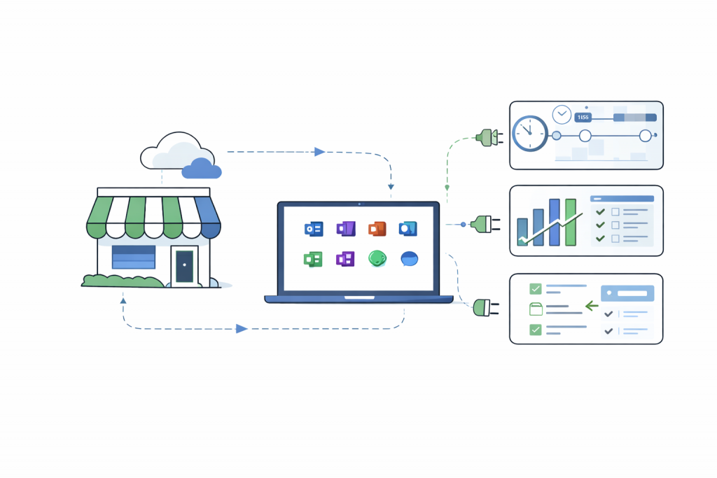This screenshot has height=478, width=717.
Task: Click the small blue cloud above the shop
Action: coord(201,169)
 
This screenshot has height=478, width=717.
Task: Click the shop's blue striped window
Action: coord(133,257)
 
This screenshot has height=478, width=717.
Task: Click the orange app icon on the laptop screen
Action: coord(377,229)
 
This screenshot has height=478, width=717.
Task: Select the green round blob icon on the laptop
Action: coord(377,259)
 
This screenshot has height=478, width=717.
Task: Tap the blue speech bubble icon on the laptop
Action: coord(410,259)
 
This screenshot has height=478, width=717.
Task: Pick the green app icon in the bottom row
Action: coord(312,259)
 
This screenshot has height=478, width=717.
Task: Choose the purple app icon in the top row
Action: coord(346,229)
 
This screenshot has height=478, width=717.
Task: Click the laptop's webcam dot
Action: coord(359,204)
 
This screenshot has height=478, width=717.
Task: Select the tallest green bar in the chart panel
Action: coord(570,222)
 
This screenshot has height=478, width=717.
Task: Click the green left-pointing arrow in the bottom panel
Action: coord(591,305)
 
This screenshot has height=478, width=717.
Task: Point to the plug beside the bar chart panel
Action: coord(485,224)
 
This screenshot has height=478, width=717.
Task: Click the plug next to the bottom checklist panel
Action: coord(485,307)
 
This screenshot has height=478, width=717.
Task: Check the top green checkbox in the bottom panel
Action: coord(536,288)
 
